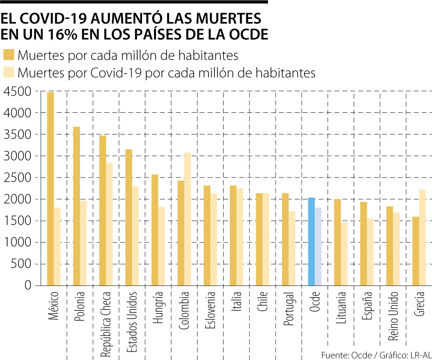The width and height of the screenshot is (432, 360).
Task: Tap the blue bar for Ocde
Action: pyautogui.click(x=311, y=242)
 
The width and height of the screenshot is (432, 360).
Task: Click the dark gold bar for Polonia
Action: pyautogui.click(x=77, y=206)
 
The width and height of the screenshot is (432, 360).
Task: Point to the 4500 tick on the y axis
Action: pyautogui.click(x=16, y=92)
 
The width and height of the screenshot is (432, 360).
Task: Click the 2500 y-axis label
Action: pyautogui.click(x=16, y=178)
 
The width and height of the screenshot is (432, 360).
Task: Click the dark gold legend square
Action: pyautogui.click(x=9, y=55)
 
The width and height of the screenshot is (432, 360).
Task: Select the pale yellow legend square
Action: pyautogui.click(x=9, y=72)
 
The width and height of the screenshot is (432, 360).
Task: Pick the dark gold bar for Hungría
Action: pyautogui.click(x=155, y=230)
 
